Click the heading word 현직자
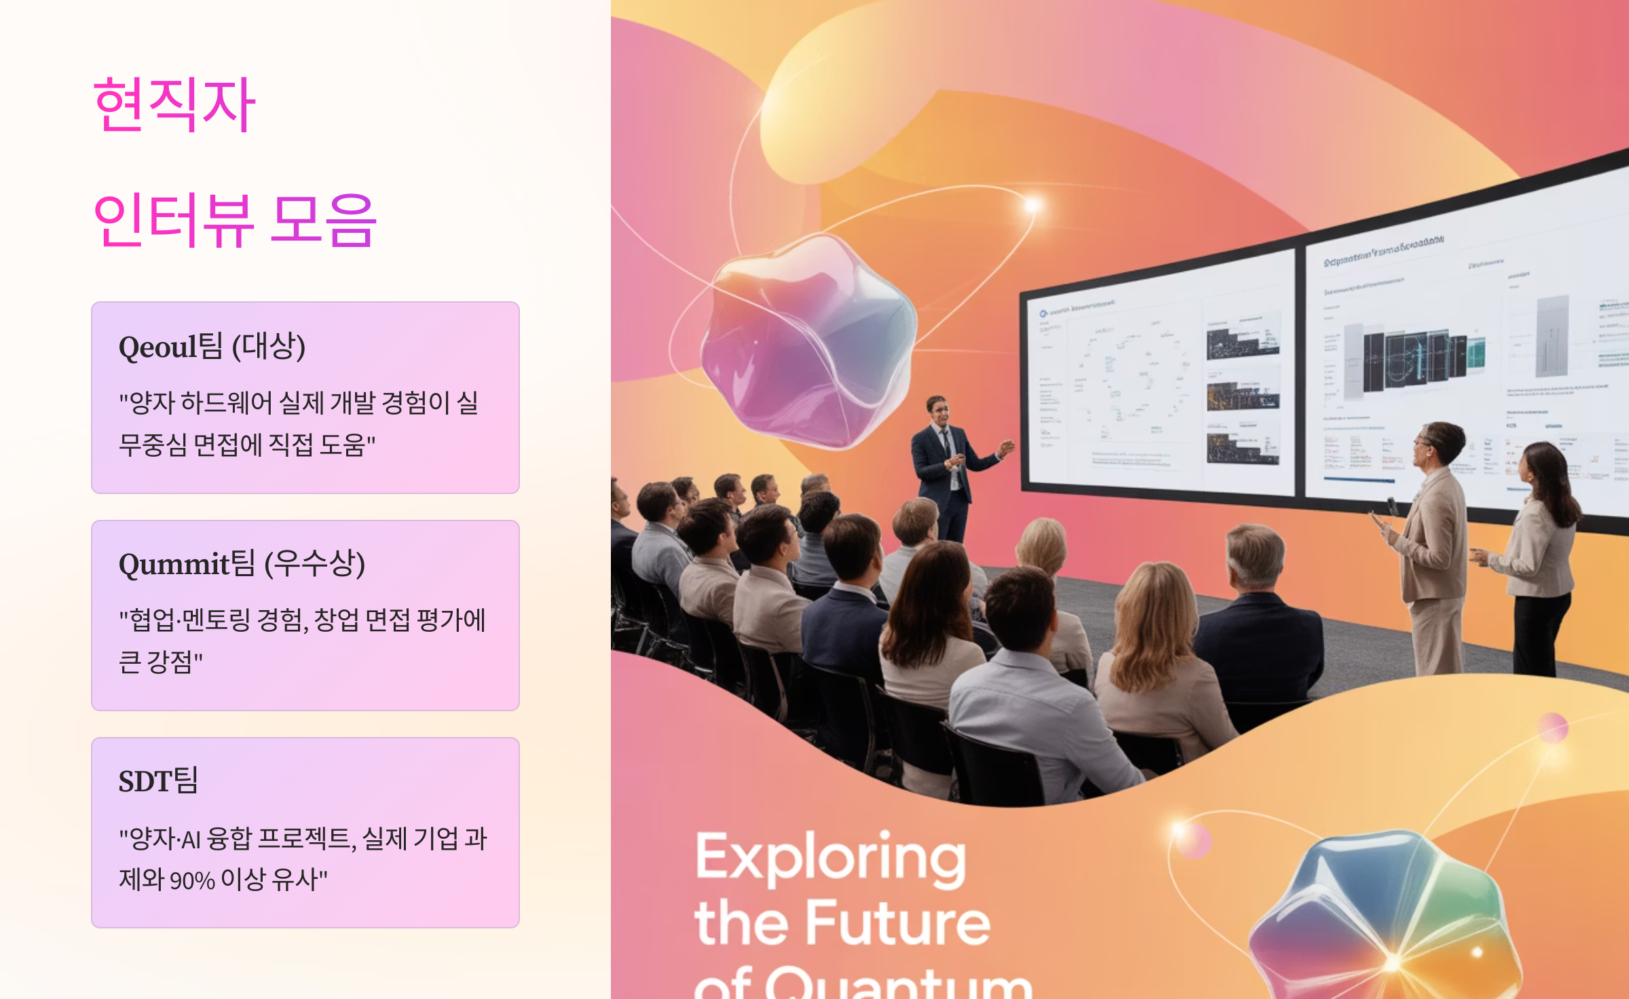click(174, 105)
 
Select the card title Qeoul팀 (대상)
click(212, 346)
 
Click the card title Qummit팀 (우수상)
click(242, 563)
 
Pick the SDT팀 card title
click(158, 780)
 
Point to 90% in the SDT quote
click(192, 880)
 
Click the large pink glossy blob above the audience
click(808, 339)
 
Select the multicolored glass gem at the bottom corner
click(1385, 923)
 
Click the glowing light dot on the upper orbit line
click(1032, 204)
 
